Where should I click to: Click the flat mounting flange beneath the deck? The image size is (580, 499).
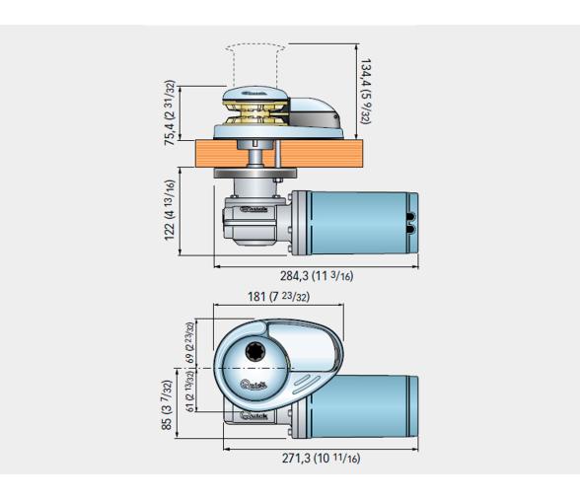click(250, 178)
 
